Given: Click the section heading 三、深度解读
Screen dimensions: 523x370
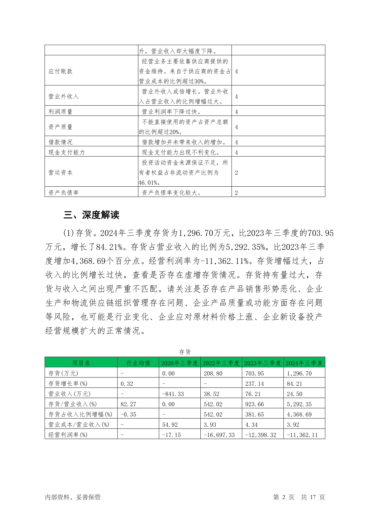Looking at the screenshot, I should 91,215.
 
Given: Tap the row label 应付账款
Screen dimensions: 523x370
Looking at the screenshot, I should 60,71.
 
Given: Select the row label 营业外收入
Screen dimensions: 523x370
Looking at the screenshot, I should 63,97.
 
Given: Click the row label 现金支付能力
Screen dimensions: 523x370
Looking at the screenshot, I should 66,152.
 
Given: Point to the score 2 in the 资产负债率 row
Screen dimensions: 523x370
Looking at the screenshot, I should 236,193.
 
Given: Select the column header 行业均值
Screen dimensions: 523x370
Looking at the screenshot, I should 138,363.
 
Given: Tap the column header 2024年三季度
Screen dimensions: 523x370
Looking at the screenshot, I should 304,363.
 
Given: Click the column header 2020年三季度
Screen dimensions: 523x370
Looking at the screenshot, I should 179,363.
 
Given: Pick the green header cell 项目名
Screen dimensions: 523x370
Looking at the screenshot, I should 81,363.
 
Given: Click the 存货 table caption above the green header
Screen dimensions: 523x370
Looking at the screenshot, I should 185,352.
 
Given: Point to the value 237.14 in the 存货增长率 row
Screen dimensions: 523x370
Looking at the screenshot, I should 254,384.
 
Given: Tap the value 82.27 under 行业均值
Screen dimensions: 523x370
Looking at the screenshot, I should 127,404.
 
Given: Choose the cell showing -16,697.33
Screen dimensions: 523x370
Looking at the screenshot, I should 219,435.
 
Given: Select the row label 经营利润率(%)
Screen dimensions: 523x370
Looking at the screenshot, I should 68,435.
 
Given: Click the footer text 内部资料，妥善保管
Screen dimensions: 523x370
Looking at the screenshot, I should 73,497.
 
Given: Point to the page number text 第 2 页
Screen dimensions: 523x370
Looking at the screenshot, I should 284,497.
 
